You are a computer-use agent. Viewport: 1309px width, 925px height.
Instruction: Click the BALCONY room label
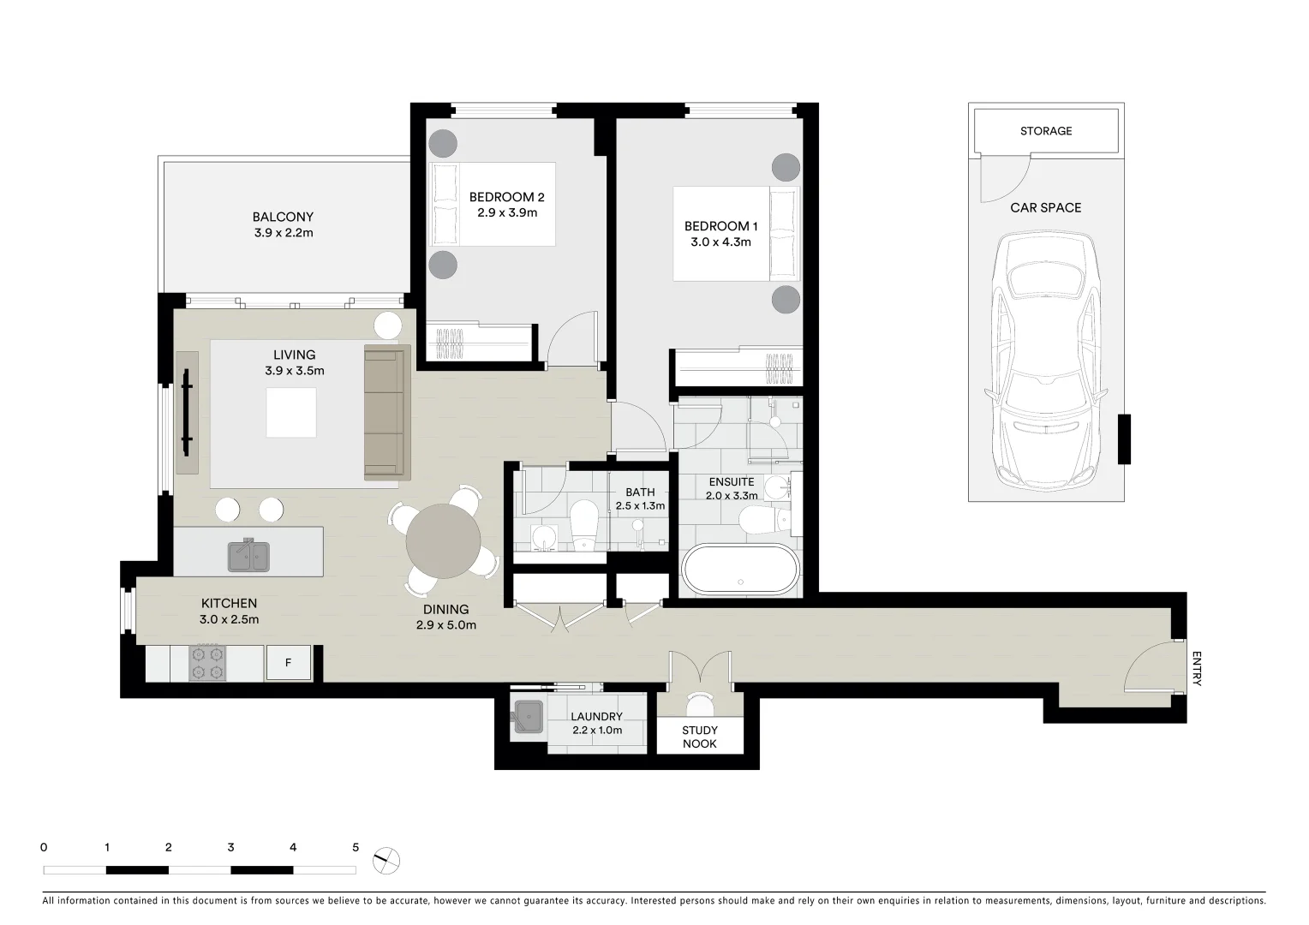point(283,217)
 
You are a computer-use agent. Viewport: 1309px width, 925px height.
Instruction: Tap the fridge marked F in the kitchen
point(289,663)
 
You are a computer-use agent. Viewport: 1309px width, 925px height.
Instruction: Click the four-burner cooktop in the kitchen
point(207,662)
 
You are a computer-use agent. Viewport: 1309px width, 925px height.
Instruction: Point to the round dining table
point(443,541)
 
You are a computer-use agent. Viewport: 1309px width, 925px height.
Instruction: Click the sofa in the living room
point(384,412)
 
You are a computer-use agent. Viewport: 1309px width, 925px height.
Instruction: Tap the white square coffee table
point(290,413)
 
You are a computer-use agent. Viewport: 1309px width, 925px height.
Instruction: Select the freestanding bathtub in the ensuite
point(740,570)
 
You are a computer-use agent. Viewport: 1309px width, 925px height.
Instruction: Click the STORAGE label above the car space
point(1045,131)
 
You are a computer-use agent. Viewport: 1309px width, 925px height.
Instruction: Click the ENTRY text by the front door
point(1196,669)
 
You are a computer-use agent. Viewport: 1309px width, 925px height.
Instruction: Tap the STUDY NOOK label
point(700,737)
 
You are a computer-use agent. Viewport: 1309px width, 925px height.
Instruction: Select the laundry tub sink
point(528,718)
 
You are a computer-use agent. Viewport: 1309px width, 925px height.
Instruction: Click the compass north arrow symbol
point(387,859)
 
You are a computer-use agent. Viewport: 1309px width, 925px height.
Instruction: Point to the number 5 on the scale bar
point(356,847)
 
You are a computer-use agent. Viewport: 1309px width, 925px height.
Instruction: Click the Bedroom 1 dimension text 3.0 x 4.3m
point(720,242)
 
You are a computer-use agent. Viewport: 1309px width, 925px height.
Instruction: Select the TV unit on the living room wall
point(187,412)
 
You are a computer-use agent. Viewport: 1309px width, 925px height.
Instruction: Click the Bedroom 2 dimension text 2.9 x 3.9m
point(506,212)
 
